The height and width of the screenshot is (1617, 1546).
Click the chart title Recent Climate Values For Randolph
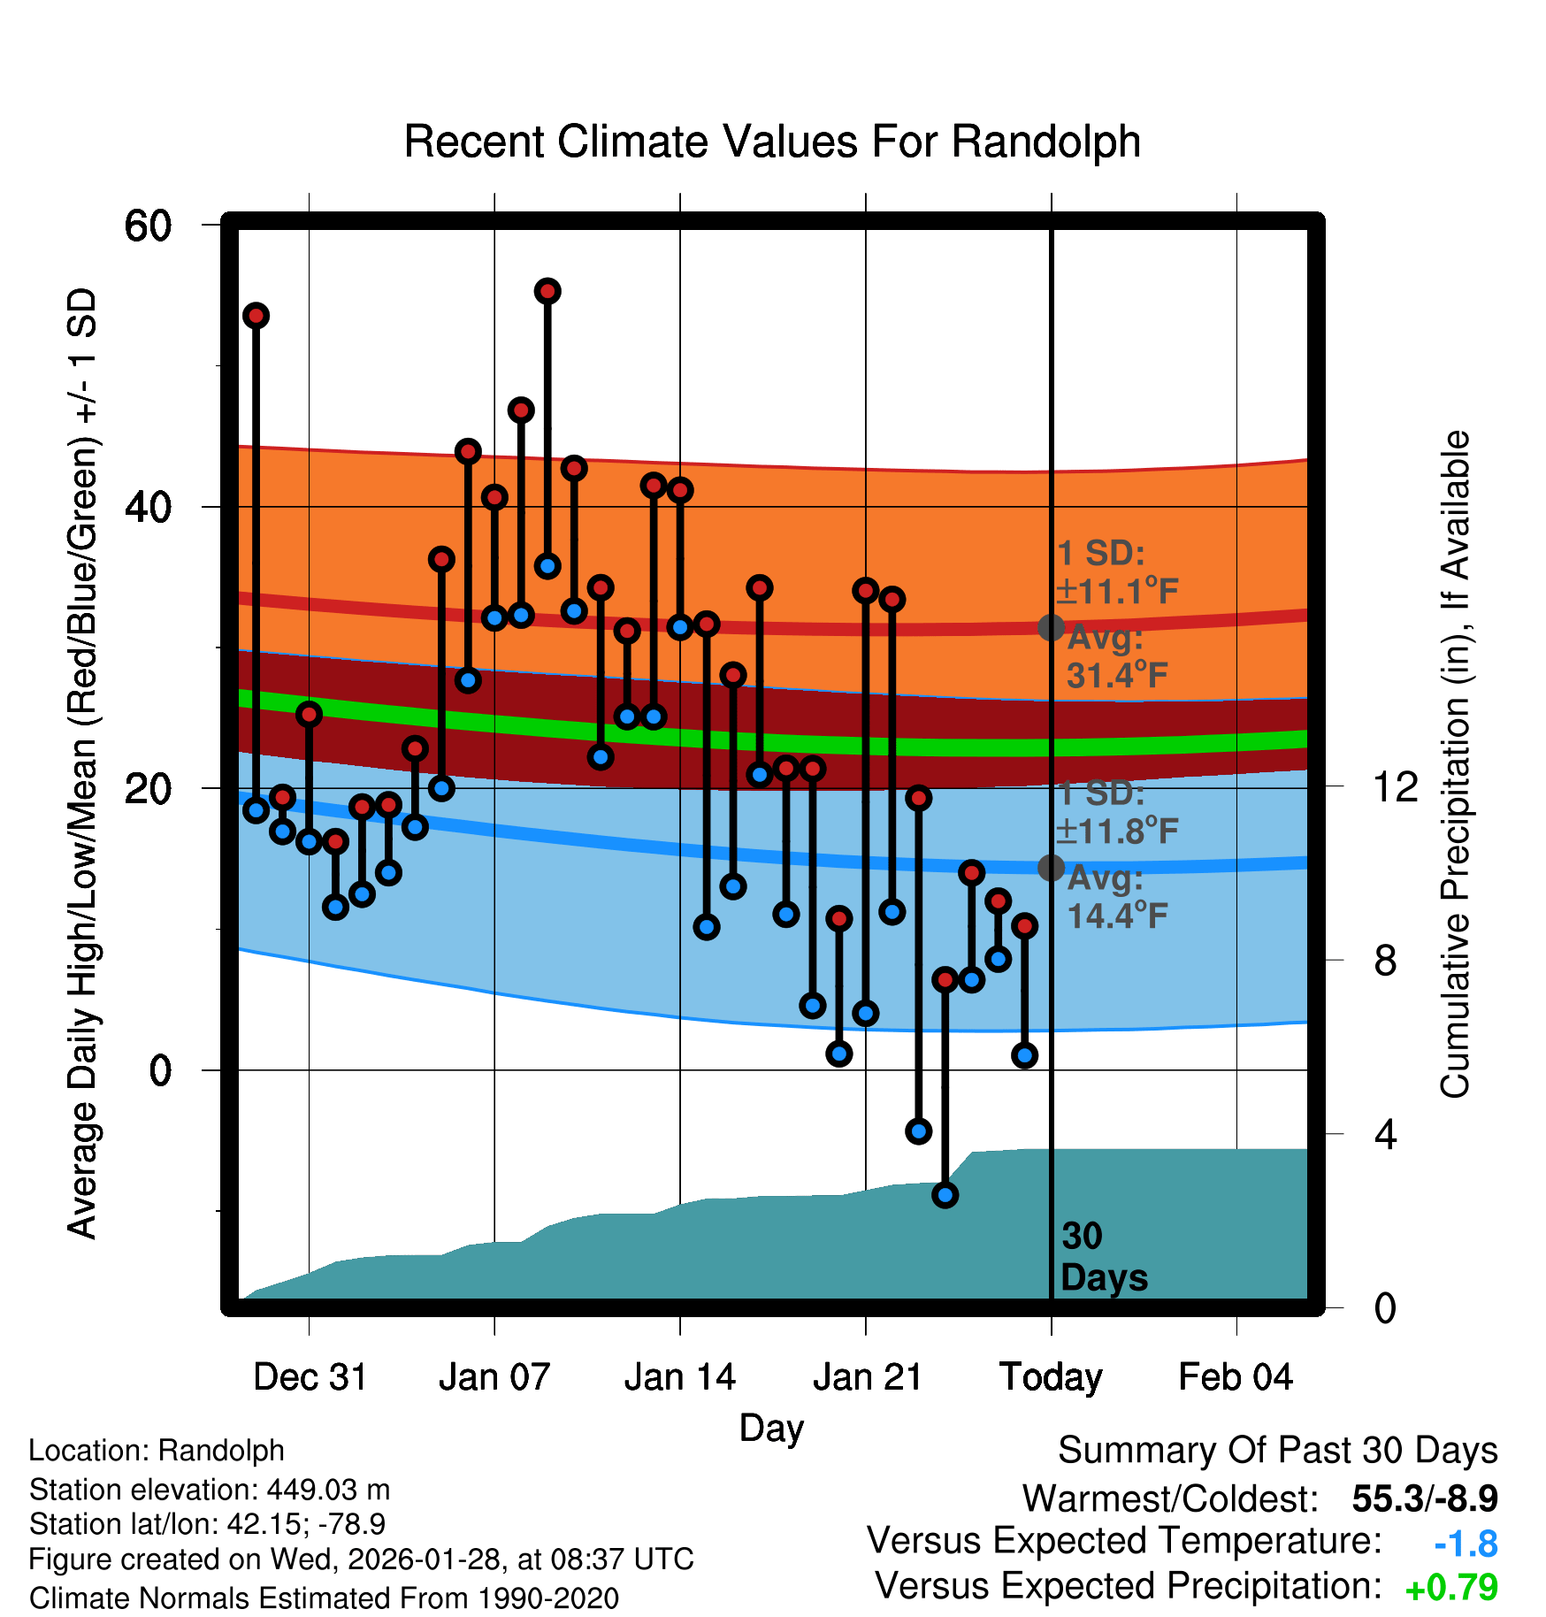(772, 142)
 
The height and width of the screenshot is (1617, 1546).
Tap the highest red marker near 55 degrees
(547, 291)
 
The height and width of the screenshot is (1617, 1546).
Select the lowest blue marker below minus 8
(945, 1195)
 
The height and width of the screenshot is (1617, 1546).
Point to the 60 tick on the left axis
(148, 226)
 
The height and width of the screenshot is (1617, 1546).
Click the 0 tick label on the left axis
(160, 1070)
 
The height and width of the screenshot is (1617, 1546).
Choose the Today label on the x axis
(1051, 1377)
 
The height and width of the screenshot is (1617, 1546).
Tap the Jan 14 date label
(679, 1377)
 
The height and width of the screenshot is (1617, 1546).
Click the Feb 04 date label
(1236, 1377)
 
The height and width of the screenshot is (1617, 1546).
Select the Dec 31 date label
(310, 1377)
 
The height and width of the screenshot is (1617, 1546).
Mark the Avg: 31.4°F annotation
(1116, 656)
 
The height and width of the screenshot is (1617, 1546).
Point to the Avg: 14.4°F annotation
(1116, 897)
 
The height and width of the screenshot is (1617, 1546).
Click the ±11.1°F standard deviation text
(1118, 591)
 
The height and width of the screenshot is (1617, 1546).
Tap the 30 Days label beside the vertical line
(1103, 1257)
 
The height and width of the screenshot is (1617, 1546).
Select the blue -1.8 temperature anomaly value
(1466, 1544)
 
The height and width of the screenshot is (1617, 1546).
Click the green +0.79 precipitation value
(1450, 1588)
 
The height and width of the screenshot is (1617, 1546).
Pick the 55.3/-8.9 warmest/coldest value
(1425, 1498)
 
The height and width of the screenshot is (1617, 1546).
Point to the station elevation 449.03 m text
(210, 1490)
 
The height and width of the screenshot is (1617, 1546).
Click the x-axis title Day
(771, 1428)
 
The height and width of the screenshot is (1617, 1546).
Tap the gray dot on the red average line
(1051, 627)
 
